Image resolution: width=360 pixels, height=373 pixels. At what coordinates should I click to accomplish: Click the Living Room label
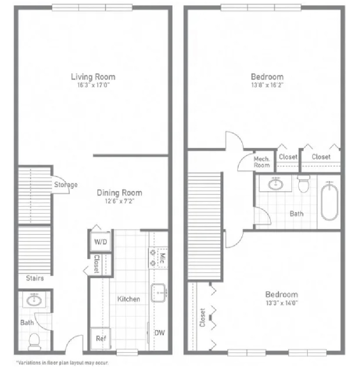(x=93, y=77)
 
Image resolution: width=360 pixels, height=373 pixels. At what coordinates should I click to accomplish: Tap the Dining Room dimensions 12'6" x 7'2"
(x=120, y=201)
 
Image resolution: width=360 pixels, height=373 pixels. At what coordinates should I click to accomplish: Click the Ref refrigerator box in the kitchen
(x=100, y=339)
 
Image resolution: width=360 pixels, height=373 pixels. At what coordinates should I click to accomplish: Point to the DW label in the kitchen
(x=160, y=333)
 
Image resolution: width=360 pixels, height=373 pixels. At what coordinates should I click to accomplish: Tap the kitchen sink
(x=158, y=293)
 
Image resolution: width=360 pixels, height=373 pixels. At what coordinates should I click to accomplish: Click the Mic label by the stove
(x=162, y=258)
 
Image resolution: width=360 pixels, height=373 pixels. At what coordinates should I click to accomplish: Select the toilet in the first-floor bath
(x=34, y=342)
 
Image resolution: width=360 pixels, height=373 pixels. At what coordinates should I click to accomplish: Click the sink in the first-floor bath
(x=34, y=300)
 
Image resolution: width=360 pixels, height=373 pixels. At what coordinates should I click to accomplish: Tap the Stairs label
(x=35, y=278)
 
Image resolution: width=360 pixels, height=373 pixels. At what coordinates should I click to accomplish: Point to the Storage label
(x=66, y=185)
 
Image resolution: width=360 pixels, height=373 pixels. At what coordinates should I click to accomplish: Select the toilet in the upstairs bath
(x=303, y=183)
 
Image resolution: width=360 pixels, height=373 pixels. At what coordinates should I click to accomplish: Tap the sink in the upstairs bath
(x=276, y=184)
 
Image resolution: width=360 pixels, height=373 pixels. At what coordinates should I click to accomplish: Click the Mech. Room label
(x=262, y=162)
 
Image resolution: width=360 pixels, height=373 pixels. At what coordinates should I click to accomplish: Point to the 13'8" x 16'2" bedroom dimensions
(x=267, y=85)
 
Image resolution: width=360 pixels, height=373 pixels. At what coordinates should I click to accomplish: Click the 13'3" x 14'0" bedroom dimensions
(x=282, y=303)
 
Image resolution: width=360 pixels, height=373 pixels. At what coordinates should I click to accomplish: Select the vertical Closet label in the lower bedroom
(x=203, y=318)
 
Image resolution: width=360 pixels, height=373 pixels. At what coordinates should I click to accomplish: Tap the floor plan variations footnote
(x=62, y=363)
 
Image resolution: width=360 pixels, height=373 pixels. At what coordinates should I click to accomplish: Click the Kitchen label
(x=129, y=299)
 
